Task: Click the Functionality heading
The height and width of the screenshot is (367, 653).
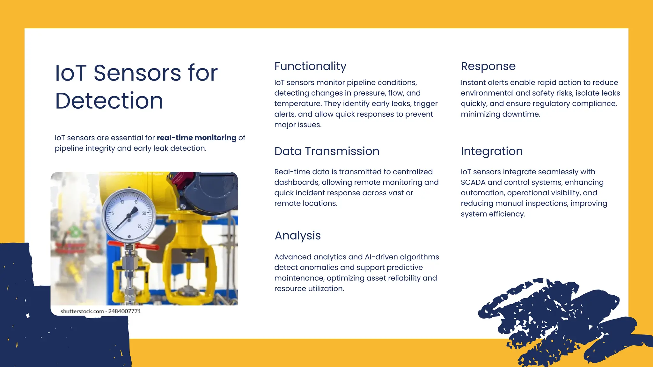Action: tap(310, 66)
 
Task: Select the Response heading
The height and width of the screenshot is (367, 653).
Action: tap(488, 66)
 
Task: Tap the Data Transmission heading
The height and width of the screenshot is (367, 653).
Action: tap(326, 151)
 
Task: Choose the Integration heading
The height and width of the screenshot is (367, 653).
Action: tap(491, 151)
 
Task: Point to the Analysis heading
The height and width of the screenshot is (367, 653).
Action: tap(297, 236)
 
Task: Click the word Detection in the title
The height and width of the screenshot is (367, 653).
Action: tap(109, 101)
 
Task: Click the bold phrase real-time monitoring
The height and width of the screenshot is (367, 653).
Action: tap(196, 138)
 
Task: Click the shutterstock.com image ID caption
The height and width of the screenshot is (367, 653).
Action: tap(101, 311)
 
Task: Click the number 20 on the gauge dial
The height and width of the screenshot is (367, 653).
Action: tap(144, 213)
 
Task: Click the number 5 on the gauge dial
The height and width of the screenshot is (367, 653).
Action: tap(113, 213)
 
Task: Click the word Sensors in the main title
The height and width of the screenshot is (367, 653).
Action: tap(137, 73)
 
